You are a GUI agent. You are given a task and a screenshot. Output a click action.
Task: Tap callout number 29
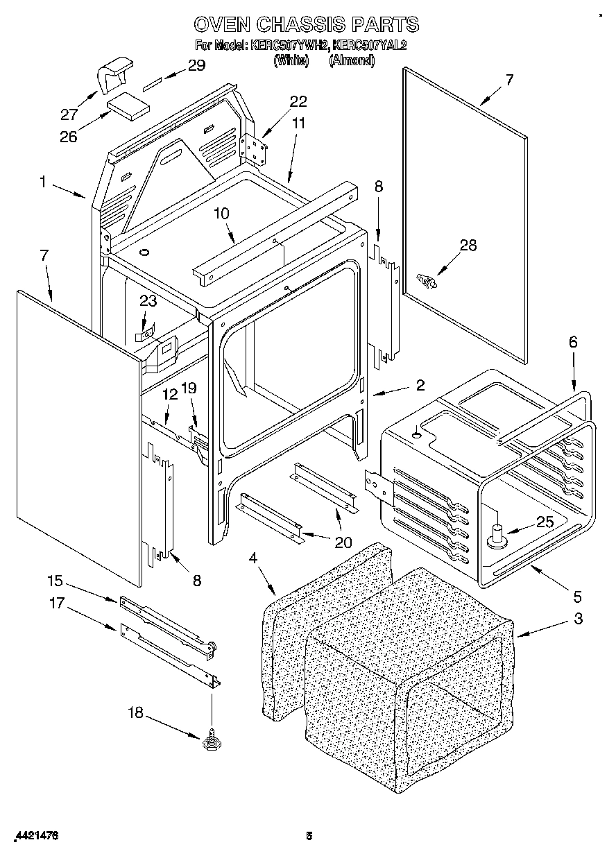tap(196, 66)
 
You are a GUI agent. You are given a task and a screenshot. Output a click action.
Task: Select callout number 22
tap(298, 102)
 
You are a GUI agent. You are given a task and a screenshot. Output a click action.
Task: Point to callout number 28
tap(468, 245)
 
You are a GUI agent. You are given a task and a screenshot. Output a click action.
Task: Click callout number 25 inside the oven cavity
tap(545, 522)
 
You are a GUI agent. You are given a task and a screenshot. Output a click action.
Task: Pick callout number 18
tap(136, 712)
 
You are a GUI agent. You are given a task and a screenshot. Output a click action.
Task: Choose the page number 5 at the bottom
tap(309, 836)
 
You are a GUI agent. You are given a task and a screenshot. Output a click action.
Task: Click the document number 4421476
tap(35, 837)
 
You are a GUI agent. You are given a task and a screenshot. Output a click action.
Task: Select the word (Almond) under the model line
tap(352, 60)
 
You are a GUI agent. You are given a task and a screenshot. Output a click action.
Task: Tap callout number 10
tap(221, 214)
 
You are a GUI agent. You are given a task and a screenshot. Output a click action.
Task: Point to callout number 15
tap(55, 580)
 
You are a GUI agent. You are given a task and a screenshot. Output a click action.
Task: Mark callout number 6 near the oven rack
tap(572, 341)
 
